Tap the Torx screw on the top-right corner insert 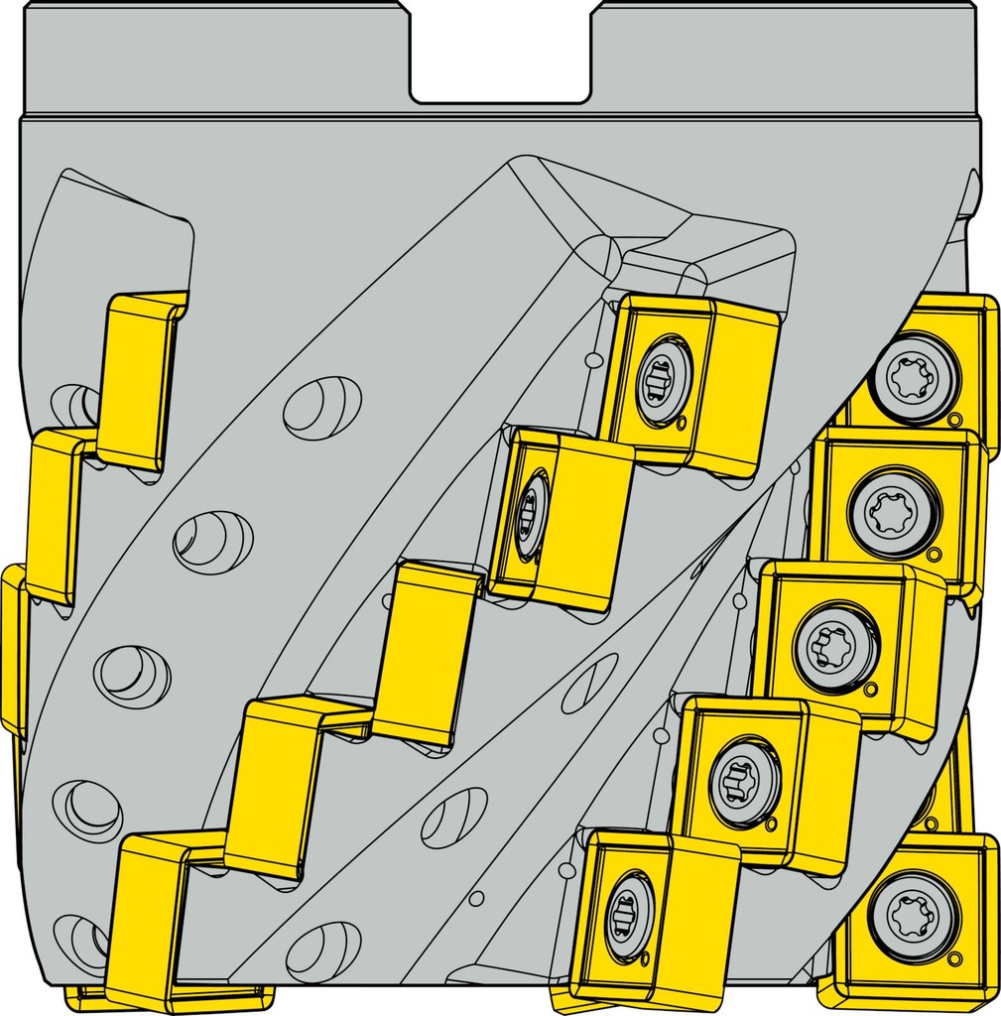(x=914, y=378)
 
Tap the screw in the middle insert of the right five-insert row (x=835, y=647)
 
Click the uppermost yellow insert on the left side (x=140, y=379)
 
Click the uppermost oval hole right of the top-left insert (x=321, y=407)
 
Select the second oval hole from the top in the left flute (x=212, y=542)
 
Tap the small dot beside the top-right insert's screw (x=954, y=420)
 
